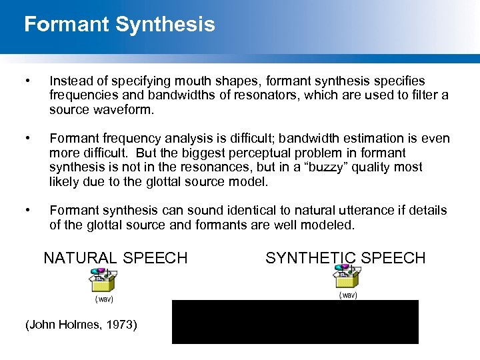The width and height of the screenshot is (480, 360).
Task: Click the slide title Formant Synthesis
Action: [119, 25]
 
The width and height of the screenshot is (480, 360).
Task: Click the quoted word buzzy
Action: [283, 167]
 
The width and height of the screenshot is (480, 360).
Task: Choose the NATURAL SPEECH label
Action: [115, 258]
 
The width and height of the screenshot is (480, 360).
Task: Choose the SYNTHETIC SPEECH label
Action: [345, 258]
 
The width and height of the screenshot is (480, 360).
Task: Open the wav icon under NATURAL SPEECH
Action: [103, 281]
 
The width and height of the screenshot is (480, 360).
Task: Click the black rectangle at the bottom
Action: [295, 322]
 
